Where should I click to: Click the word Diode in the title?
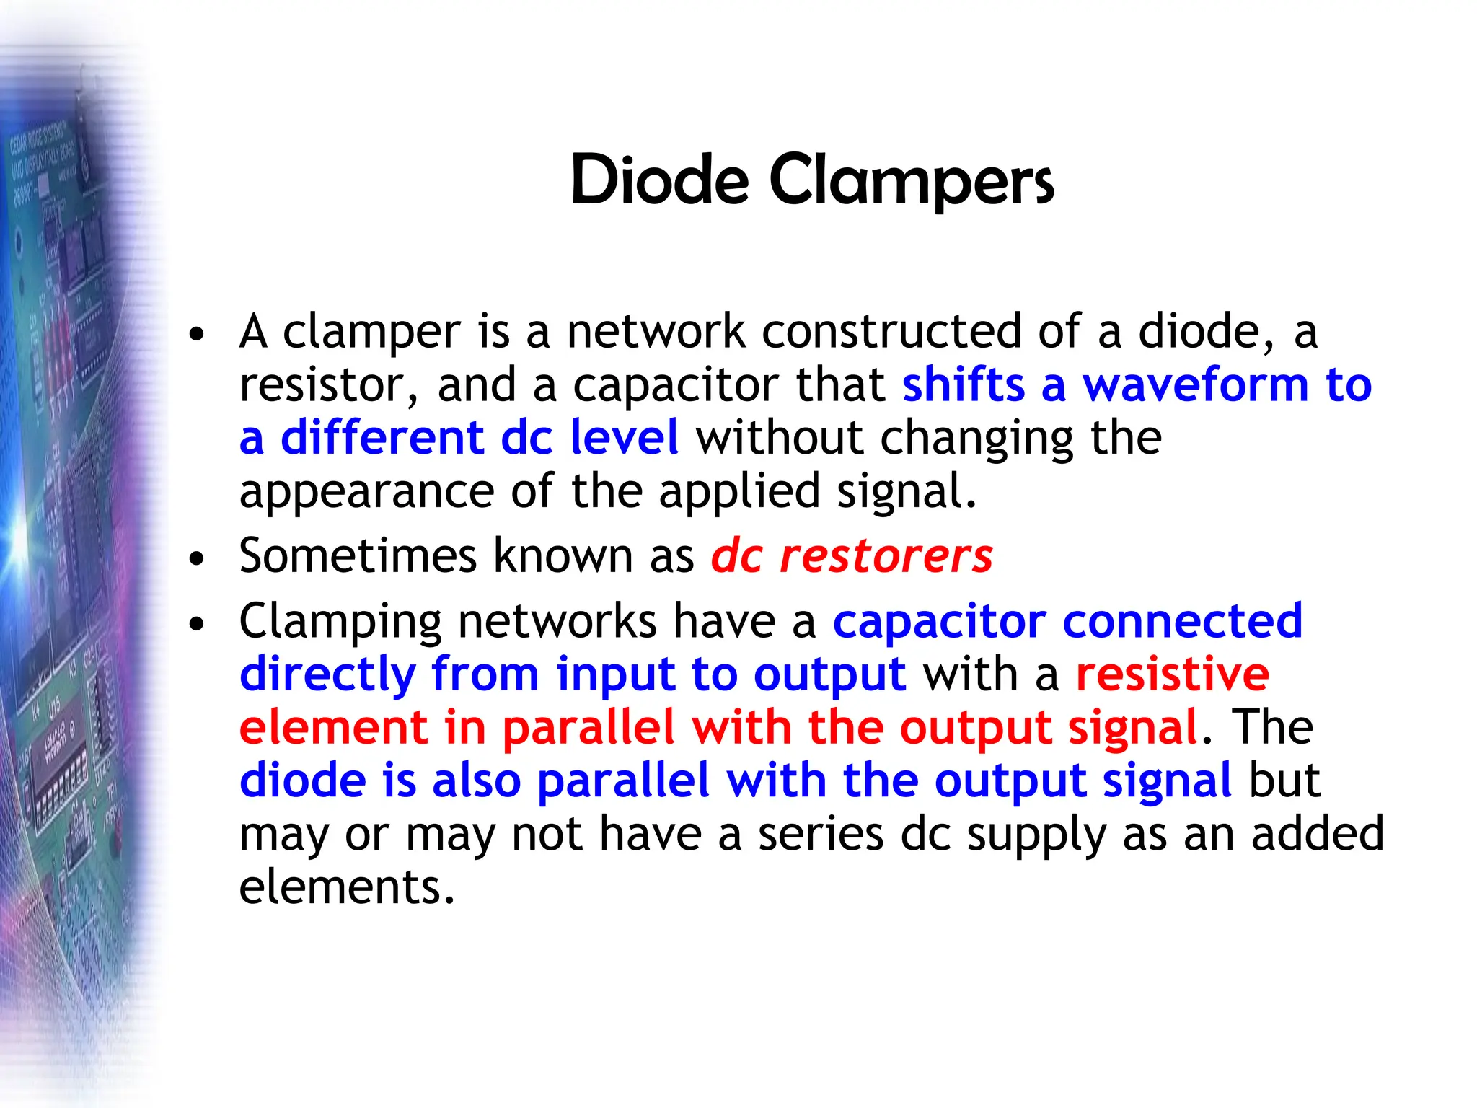(659, 180)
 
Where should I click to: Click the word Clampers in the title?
(912, 182)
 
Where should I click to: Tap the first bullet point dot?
(196, 335)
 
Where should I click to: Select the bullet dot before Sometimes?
(196, 559)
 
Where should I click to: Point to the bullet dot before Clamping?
(196, 624)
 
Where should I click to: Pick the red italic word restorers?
(886, 556)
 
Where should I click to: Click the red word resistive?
(1173, 674)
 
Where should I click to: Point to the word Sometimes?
(358, 556)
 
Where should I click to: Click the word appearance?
(366, 493)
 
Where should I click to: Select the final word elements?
(346, 887)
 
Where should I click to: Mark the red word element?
(333, 728)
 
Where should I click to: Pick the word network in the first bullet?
(656, 332)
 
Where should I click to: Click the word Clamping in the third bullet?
(340, 623)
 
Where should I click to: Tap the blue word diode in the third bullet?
(302, 781)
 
